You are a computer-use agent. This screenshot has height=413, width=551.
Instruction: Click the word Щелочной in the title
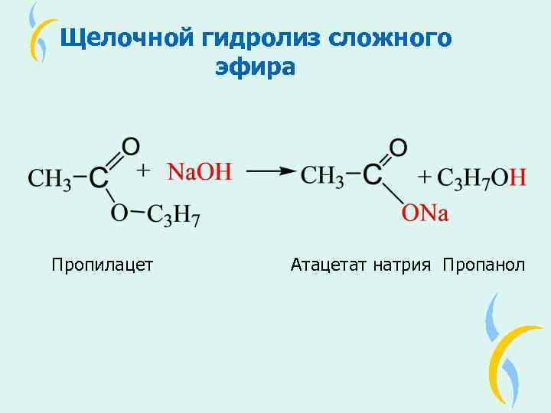(127, 37)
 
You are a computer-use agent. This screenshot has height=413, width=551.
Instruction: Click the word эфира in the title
(255, 67)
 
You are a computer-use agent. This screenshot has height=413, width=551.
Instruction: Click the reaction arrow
(271, 172)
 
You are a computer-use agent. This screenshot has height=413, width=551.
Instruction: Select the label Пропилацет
(103, 265)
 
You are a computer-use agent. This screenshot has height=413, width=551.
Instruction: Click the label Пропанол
(484, 265)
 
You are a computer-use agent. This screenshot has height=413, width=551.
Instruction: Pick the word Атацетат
(330, 265)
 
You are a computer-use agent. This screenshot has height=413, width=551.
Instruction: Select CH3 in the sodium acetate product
(322, 176)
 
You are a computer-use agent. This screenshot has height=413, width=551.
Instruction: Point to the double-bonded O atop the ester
(131, 145)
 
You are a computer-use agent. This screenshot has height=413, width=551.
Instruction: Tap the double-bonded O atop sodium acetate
(398, 146)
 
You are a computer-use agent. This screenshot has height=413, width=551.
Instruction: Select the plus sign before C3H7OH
(425, 177)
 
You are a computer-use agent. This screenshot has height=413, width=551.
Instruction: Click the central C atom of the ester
(99, 178)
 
